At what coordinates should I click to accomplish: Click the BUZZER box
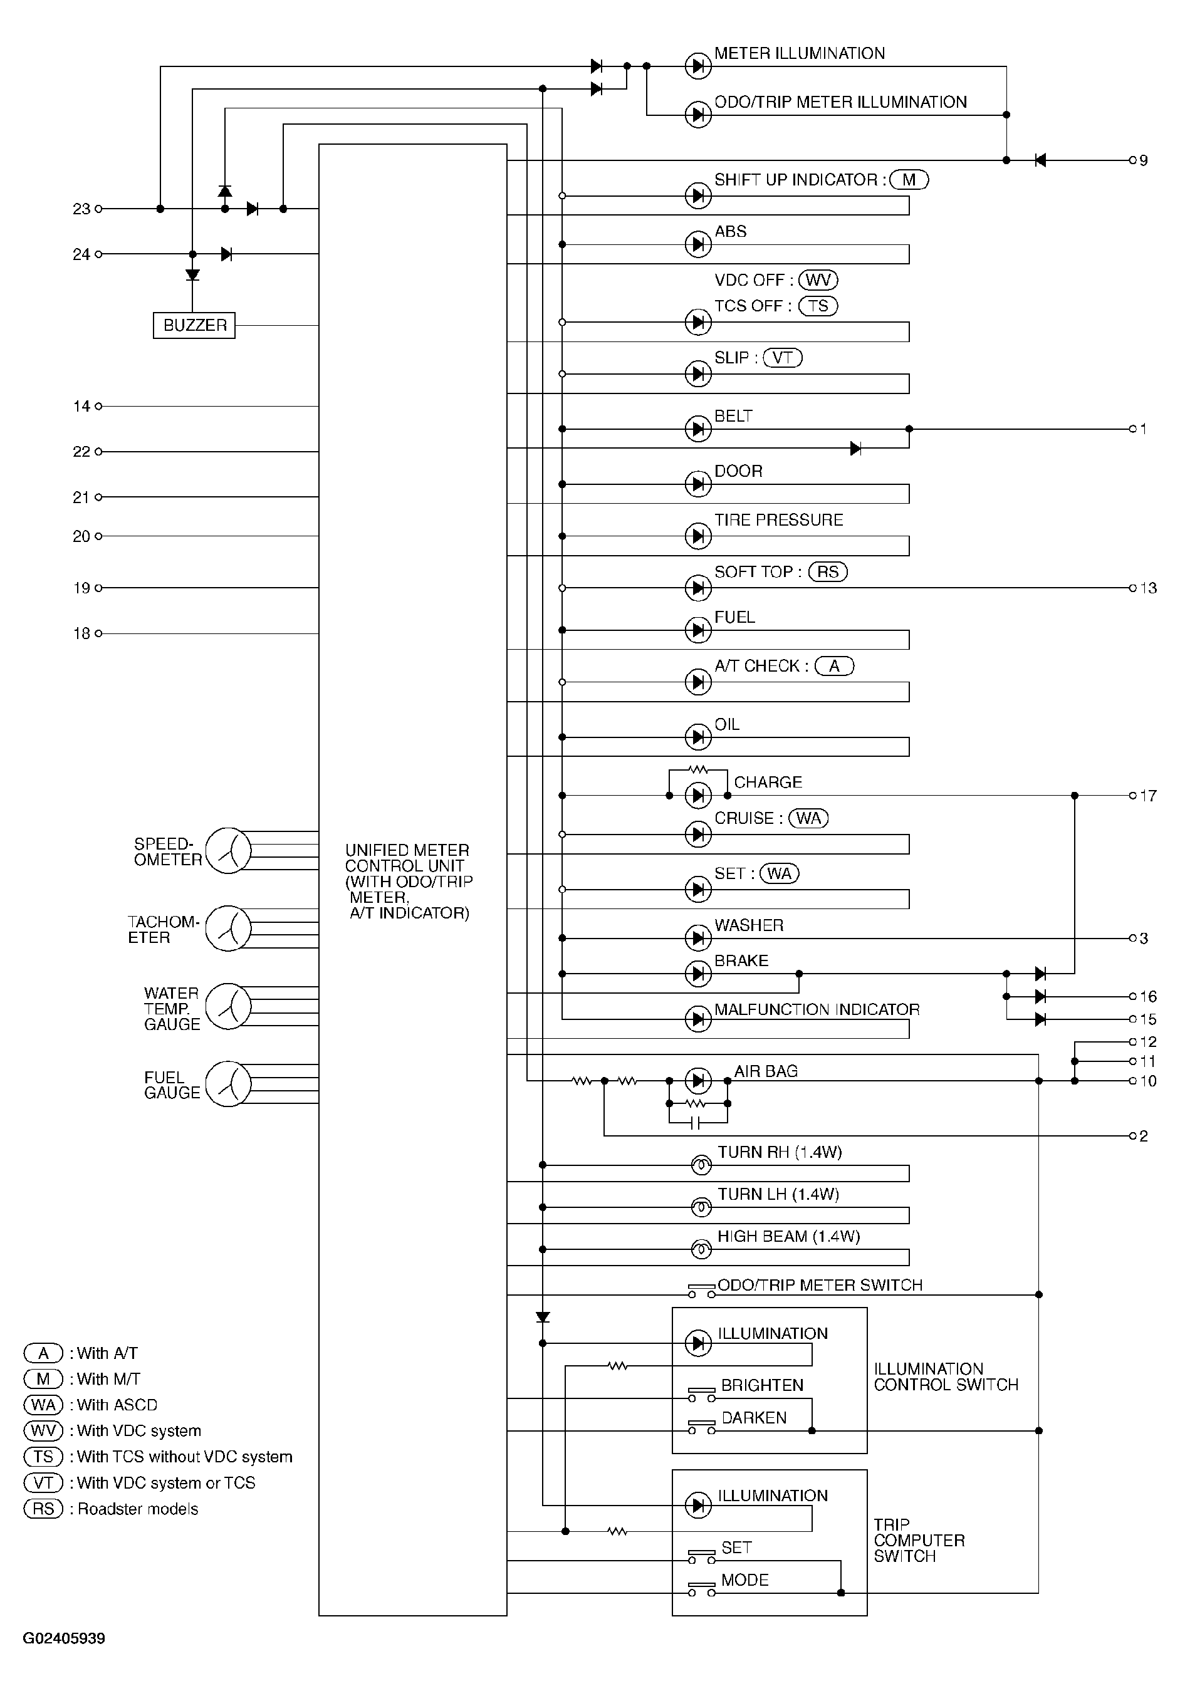click(194, 325)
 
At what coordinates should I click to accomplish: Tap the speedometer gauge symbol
click(228, 851)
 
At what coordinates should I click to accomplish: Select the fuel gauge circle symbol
click(228, 1083)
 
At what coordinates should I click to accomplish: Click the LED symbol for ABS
click(697, 244)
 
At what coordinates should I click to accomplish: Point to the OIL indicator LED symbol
click(697, 737)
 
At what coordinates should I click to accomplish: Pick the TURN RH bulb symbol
click(701, 1165)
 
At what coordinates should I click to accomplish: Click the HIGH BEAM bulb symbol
click(701, 1249)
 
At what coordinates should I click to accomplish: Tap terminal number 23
click(81, 209)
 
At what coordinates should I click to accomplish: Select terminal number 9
click(1142, 160)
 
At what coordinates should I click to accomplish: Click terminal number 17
click(1147, 796)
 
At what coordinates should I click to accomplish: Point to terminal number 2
click(1142, 1136)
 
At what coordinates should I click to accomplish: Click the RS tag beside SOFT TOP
click(828, 571)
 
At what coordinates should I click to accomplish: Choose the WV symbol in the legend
click(43, 1430)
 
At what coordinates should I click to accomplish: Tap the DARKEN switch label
click(753, 1417)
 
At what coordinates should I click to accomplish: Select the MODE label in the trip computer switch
click(744, 1579)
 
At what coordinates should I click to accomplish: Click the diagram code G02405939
click(64, 1639)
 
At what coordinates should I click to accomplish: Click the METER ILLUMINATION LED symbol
click(697, 66)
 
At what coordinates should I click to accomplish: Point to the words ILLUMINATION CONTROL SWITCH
click(946, 1376)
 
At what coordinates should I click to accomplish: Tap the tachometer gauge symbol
click(228, 928)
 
